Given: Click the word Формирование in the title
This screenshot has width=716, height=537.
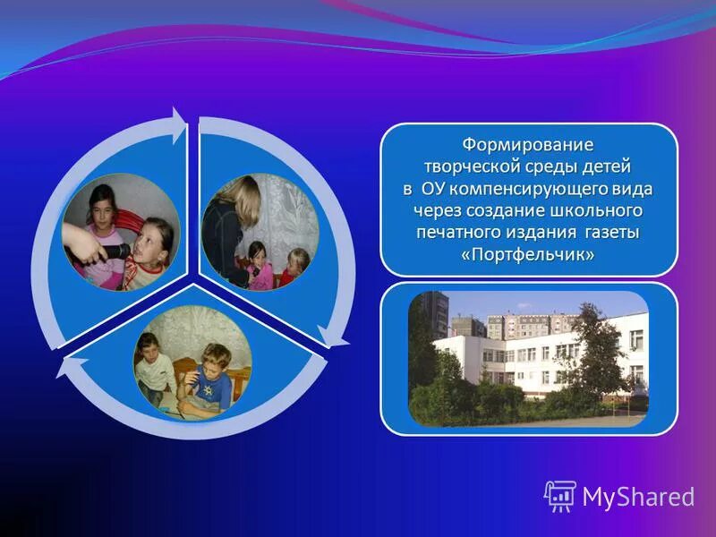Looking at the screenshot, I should coord(527,144).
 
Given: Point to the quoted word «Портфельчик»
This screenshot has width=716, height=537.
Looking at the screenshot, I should coord(528,256).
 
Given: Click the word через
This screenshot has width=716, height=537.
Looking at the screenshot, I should coord(435,211).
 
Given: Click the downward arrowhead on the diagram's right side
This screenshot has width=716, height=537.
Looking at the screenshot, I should coord(335,337).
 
